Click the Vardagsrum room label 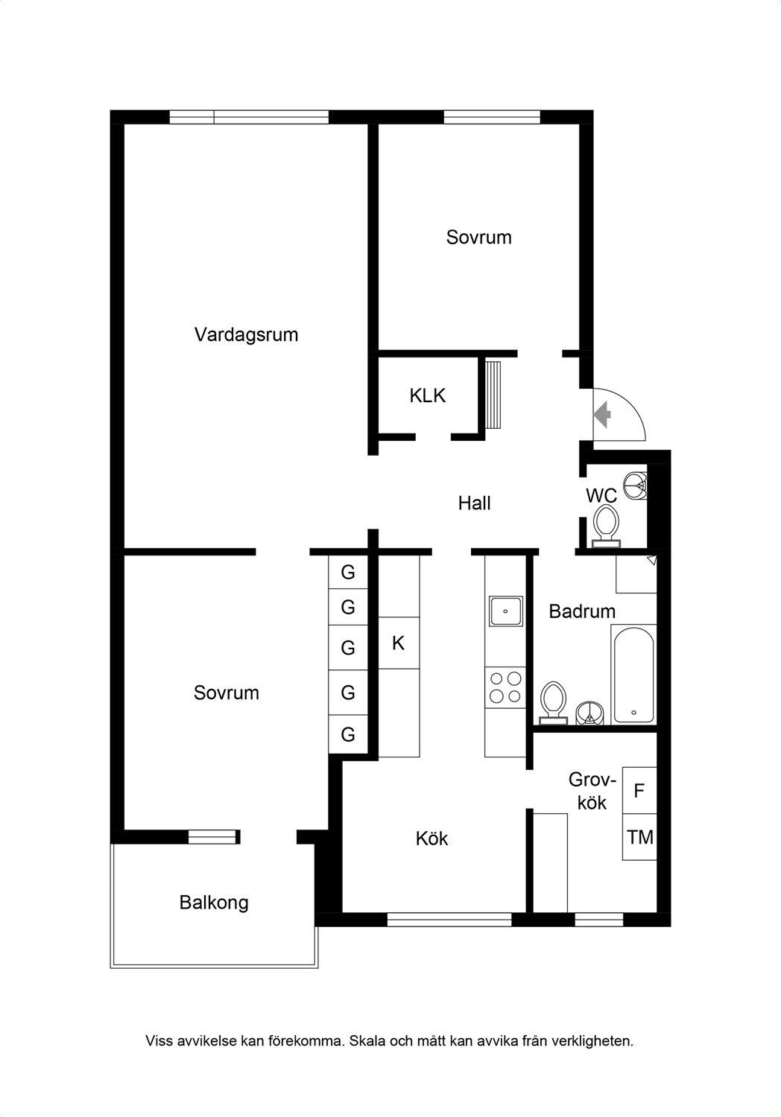tap(246, 334)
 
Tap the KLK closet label tap(427, 396)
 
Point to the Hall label tap(474, 503)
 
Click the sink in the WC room tap(636, 484)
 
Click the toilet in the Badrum tap(553, 703)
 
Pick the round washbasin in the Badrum tap(590, 713)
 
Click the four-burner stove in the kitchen tap(505, 687)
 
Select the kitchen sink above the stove tap(505, 611)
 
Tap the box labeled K tap(399, 643)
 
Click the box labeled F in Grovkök tap(639, 791)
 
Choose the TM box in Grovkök tap(639, 837)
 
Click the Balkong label tap(214, 903)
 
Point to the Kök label tap(431, 838)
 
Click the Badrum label tap(582, 611)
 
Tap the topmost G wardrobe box tap(348, 572)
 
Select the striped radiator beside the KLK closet tap(493, 395)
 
